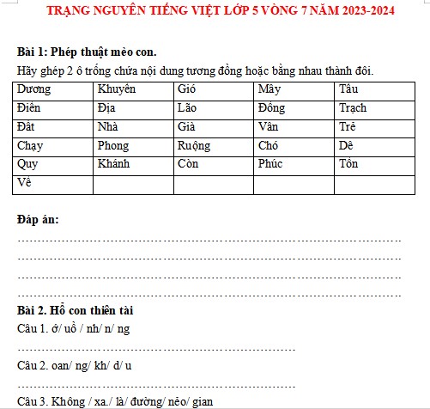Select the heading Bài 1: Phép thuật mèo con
[87, 52]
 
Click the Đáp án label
[38, 220]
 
